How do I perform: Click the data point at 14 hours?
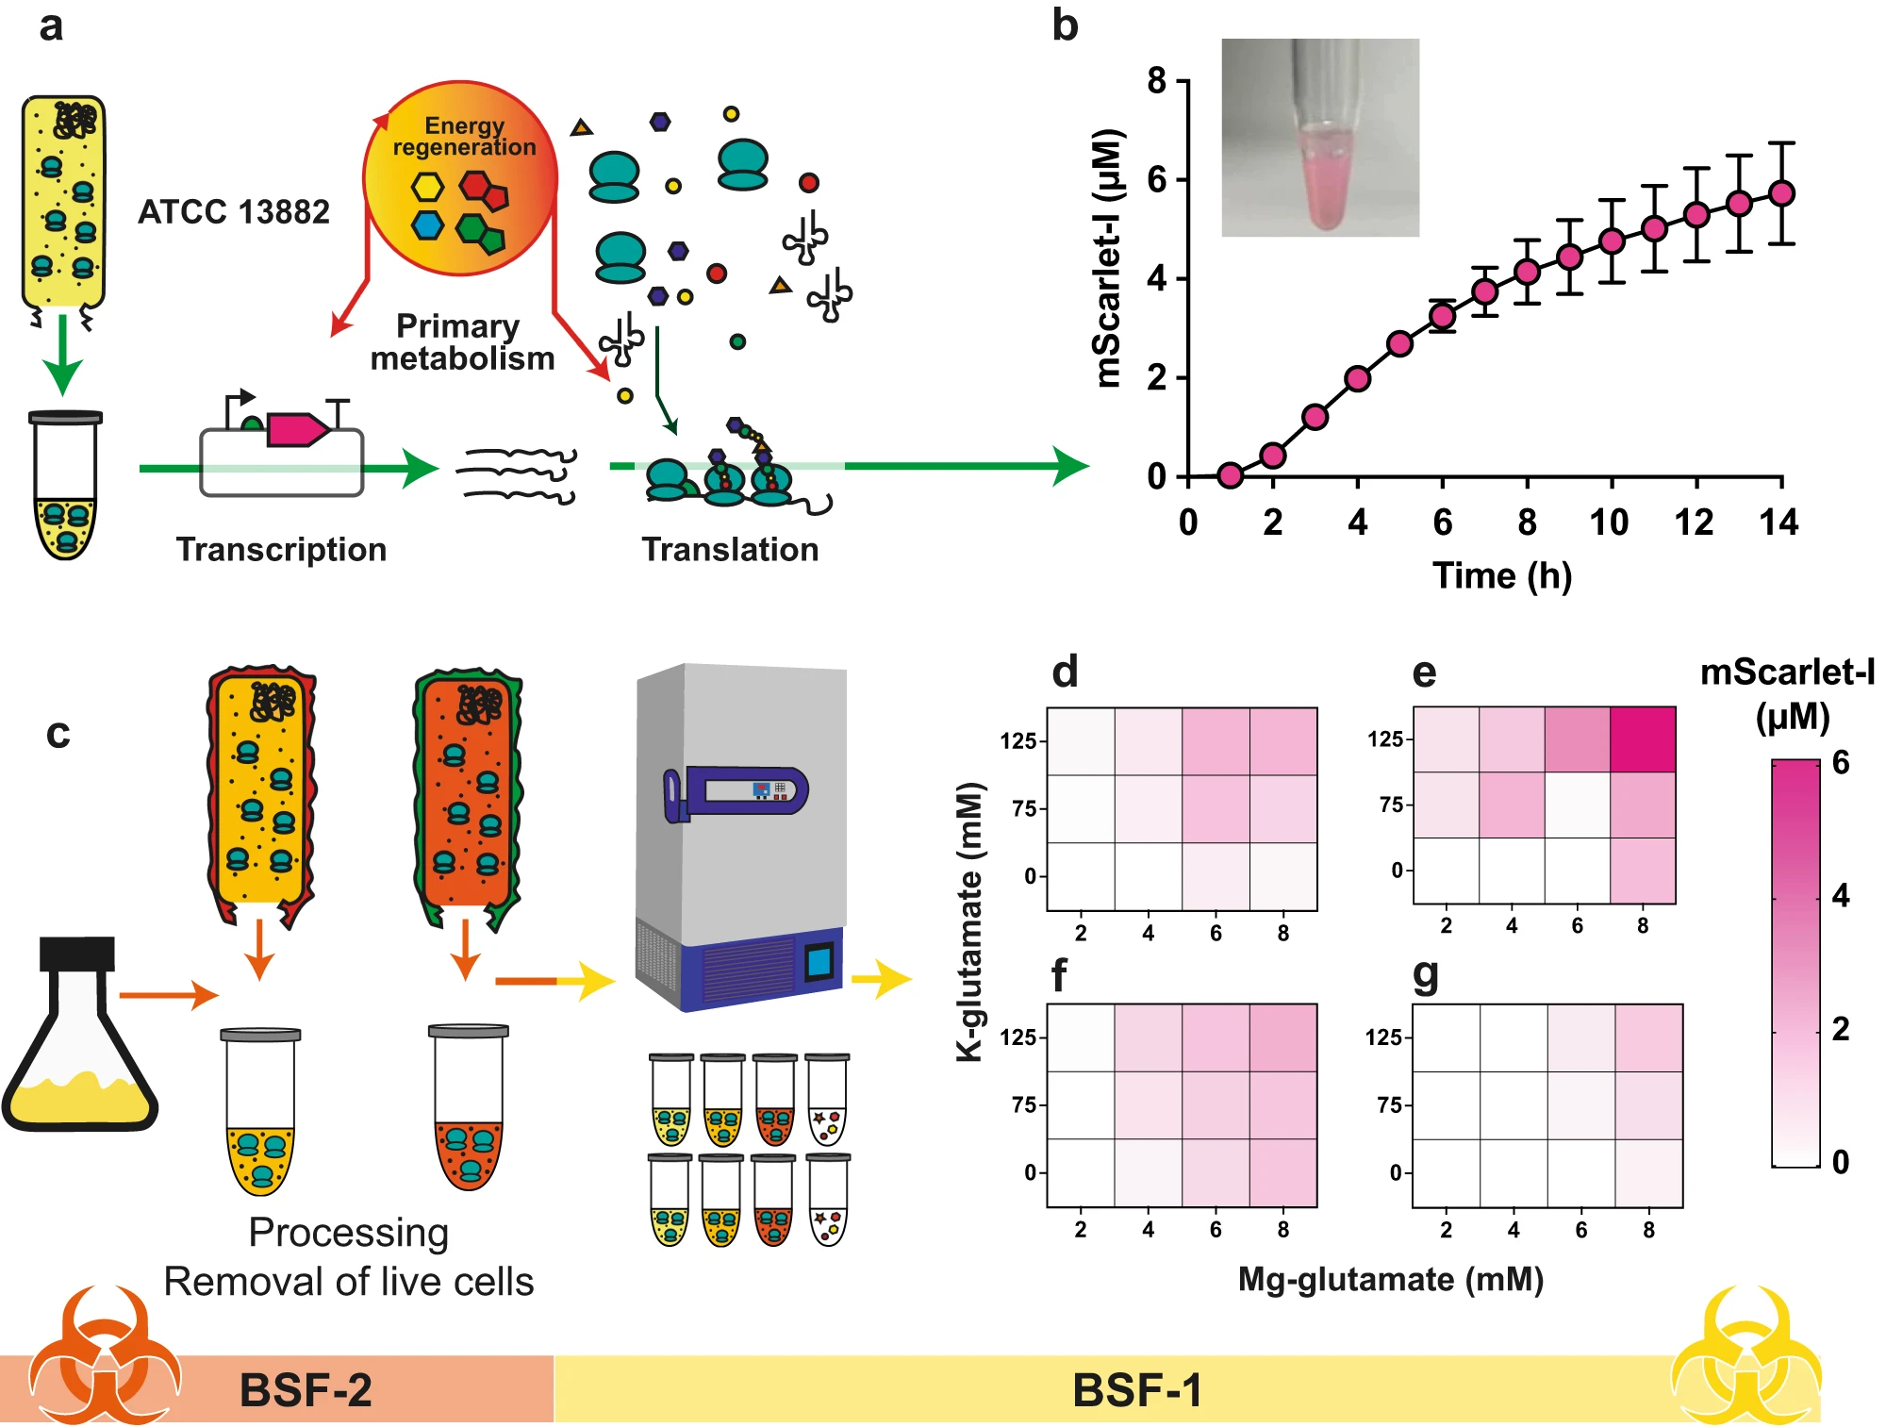1781,193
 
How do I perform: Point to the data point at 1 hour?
1230,474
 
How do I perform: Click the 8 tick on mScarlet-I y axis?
1157,81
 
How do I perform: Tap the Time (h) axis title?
1501,575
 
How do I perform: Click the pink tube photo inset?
1319,138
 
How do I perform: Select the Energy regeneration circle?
460,178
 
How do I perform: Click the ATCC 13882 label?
234,212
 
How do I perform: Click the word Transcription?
281,550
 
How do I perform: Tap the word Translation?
730,550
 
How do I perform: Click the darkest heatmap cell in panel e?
1643,739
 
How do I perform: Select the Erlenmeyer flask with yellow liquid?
79,1037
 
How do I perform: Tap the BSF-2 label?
306,1390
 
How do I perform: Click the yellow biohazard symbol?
1745,1358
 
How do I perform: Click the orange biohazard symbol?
104,1358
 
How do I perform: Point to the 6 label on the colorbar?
1840,762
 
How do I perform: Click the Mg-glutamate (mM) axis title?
1390,1280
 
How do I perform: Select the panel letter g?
1426,975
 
